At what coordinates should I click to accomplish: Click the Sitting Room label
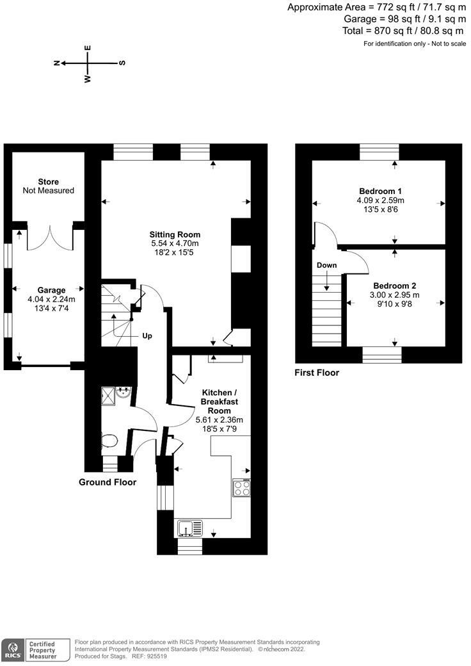[x=175, y=234]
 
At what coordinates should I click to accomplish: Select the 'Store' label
[x=48, y=182]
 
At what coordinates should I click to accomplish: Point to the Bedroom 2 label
[x=395, y=285]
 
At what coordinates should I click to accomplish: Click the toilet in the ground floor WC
[x=110, y=441]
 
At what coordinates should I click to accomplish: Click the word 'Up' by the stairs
[x=147, y=336]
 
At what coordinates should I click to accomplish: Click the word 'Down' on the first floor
[x=326, y=265]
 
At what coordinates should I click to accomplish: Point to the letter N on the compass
[x=57, y=63]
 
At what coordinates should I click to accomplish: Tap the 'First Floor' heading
[x=317, y=372]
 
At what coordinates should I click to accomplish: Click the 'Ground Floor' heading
[x=108, y=482]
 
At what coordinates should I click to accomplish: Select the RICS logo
[x=12, y=649]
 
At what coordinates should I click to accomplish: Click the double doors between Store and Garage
[x=49, y=238]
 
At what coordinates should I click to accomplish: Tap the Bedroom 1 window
[x=379, y=151]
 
